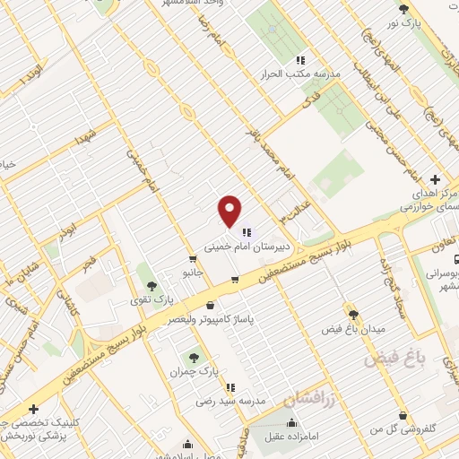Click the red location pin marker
tap(230, 210)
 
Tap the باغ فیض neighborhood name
tap(392, 359)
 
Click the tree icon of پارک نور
tap(403, 9)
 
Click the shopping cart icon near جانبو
tap(234, 280)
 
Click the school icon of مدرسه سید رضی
tap(230, 387)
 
